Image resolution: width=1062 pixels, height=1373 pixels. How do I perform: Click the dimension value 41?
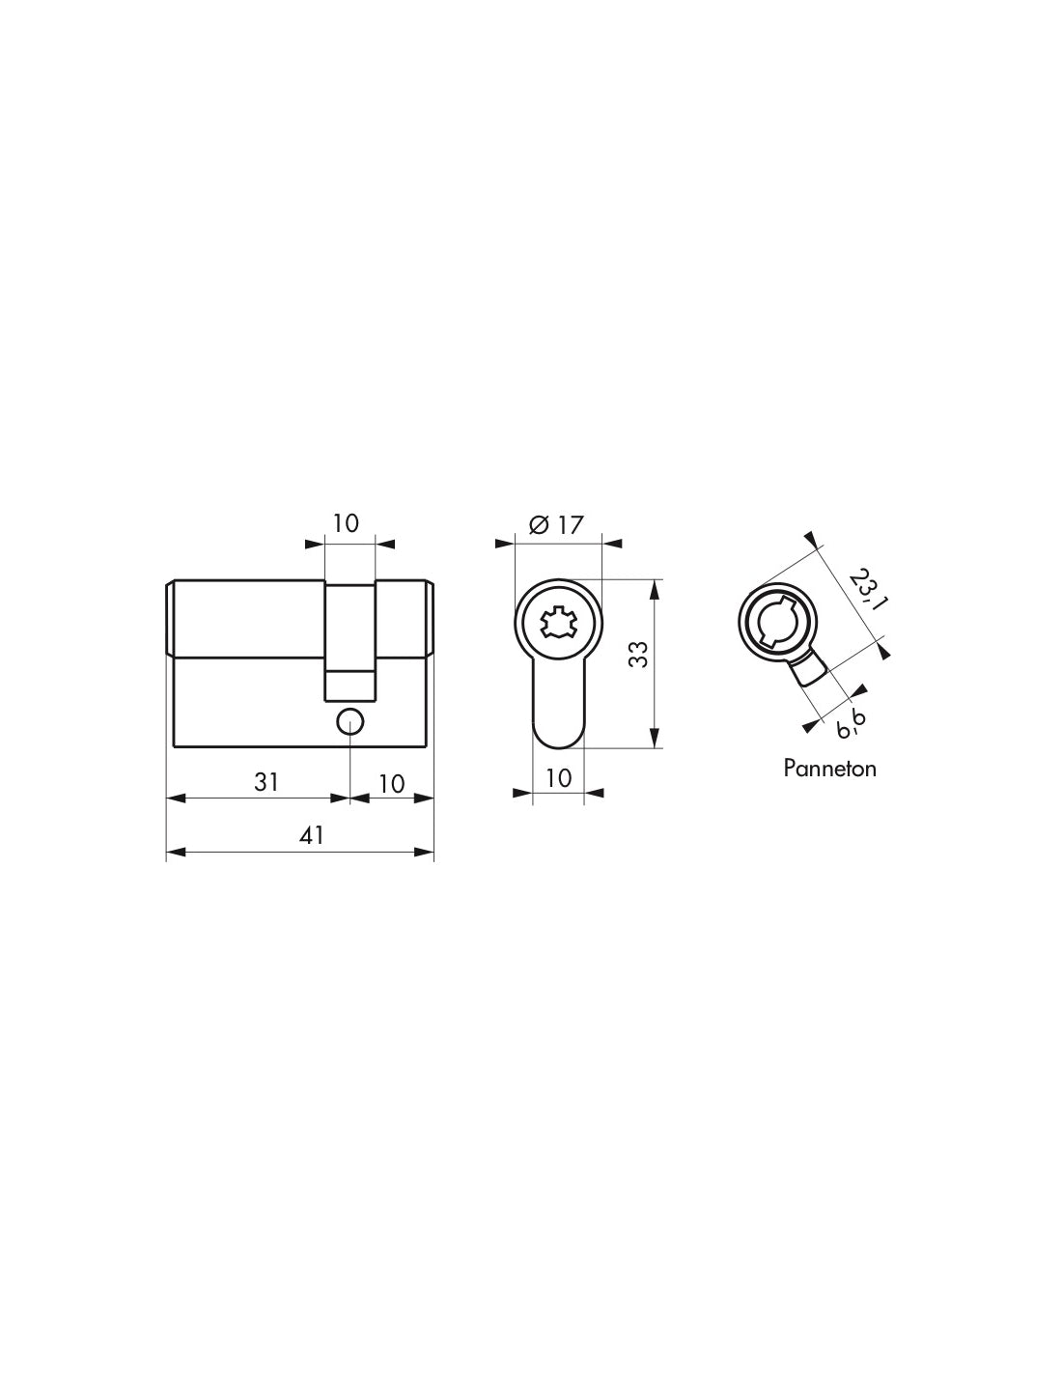coord(310,835)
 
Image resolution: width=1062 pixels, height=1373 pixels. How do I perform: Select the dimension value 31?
coord(266,781)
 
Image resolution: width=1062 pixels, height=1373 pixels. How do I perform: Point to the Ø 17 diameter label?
coord(557,524)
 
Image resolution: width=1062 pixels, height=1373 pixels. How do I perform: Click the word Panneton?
coord(829,769)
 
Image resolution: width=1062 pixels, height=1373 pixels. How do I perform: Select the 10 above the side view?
coord(346,522)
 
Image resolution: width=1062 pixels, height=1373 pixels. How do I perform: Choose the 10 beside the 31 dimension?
coord(391,782)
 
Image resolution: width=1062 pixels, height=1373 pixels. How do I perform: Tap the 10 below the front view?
coord(558,776)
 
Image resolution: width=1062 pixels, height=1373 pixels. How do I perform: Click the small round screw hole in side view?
coord(349,719)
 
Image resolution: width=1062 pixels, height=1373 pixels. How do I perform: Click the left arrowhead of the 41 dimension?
coord(175,852)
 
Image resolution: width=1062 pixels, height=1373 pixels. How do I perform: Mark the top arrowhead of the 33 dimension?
coord(656,587)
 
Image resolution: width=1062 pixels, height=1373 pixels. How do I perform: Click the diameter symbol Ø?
coord(540,524)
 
